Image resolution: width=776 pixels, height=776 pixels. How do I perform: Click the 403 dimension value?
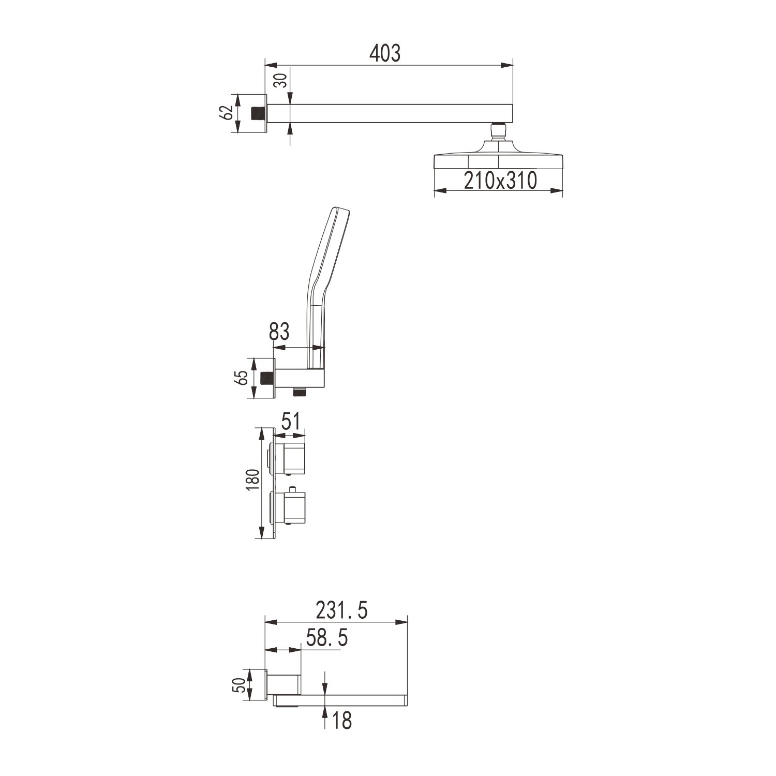[385, 53]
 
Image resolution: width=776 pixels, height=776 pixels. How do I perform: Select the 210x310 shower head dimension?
[500, 181]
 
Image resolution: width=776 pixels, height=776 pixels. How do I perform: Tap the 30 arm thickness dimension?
[280, 81]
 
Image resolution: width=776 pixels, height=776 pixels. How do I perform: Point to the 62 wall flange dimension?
[226, 112]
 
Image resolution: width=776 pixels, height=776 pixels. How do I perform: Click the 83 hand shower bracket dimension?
[279, 332]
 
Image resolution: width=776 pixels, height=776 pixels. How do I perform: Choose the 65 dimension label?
[241, 378]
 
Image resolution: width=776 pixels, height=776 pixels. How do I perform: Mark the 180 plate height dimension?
[252, 481]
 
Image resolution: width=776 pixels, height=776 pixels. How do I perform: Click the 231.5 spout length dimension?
[341, 610]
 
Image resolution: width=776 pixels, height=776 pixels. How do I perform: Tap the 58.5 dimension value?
[326, 638]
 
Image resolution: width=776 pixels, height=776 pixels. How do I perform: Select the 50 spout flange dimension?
[239, 685]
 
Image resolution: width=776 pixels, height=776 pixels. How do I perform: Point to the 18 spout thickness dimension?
[341, 720]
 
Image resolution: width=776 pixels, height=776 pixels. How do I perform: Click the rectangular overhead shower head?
[498, 161]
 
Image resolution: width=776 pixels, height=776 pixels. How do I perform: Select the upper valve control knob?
[293, 458]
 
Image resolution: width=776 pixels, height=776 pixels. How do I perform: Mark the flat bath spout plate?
[341, 700]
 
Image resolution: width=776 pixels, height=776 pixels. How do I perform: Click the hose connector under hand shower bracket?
[299, 392]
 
